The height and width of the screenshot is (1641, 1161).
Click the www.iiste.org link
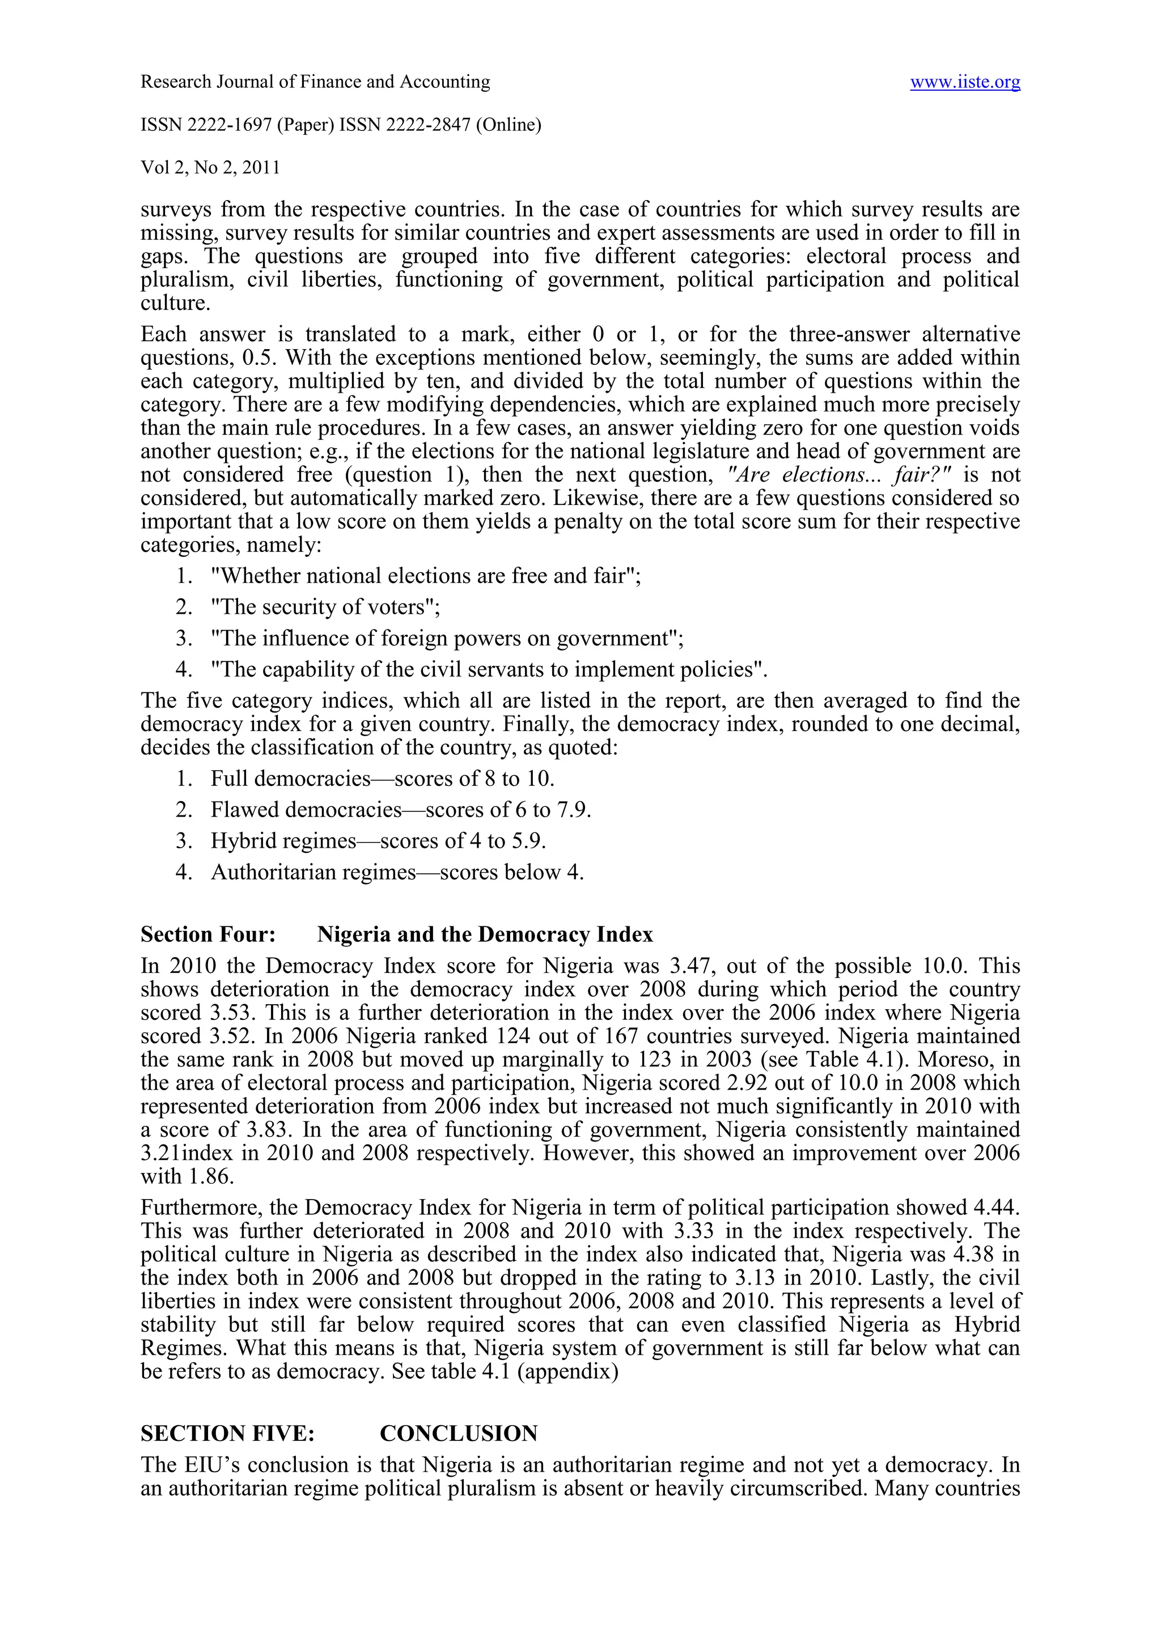click(x=964, y=83)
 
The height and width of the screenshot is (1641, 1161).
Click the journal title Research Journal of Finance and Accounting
click(x=315, y=82)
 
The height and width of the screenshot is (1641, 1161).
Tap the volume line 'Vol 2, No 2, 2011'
click(x=210, y=168)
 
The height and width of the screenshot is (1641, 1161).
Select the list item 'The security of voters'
click(x=325, y=607)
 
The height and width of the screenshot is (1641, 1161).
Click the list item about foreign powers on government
click(x=447, y=638)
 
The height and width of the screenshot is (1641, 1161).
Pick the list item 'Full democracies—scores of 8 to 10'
click(x=383, y=779)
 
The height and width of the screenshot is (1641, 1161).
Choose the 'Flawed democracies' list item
click(x=400, y=810)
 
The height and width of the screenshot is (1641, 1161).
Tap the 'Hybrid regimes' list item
click(x=378, y=840)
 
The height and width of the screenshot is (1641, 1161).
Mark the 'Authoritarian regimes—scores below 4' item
click(x=397, y=872)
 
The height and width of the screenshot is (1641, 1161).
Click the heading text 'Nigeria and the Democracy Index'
click(x=485, y=935)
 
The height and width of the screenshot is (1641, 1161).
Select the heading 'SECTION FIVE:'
click(x=227, y=1434)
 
